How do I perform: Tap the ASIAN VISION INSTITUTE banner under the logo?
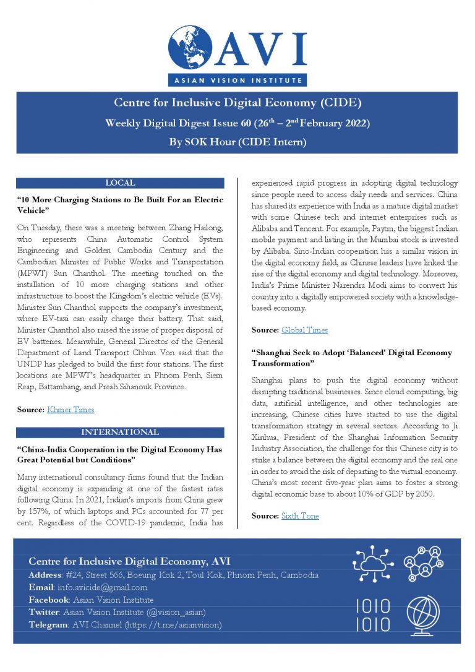(x=237, y=80)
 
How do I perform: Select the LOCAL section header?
(x=120, y=183)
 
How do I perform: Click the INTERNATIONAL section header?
(x=120, y=432)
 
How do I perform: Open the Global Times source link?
(x=304, y=330)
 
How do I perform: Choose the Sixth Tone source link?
(x=300, y=515)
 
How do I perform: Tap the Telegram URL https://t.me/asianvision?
(x=174, y=624)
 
